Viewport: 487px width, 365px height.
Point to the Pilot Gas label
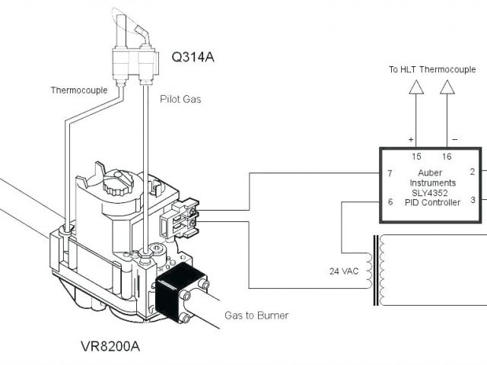coord(180,99)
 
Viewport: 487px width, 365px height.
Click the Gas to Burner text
coord(256,315)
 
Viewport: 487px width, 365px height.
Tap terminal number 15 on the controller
coord(416,157)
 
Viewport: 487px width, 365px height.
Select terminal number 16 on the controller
coord(446,157)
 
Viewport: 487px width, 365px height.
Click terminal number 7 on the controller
coord(390,173)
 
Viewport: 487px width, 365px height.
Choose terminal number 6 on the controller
coord(390,202)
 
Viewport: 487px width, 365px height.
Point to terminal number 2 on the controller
coord(473,172)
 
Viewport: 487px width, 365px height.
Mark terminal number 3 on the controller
coord(473,200)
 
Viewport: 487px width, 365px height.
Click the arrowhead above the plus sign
coord(415,89)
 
